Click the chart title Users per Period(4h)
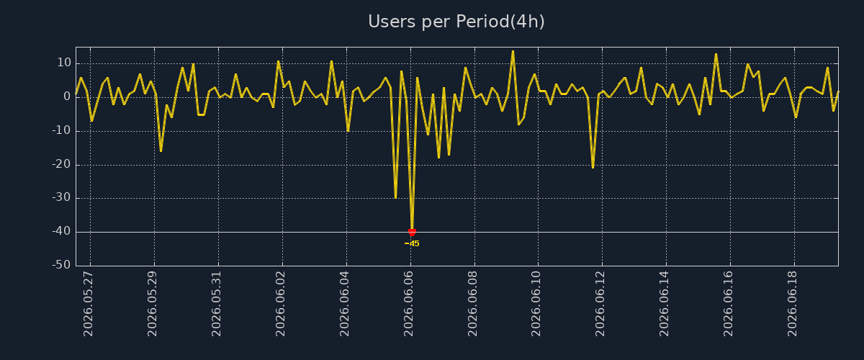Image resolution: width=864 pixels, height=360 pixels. pyautogui.click(x=456, y=22)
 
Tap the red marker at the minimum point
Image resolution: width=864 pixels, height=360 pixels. pyautogui.click(x=412, y=233)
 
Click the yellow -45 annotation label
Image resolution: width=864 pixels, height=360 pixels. pyautogui.click(x=412, y=244)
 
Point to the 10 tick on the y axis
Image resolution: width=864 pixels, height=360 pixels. pyautogui.click(x=64, y=63)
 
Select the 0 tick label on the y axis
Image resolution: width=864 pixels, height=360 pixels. pyautogui.click(x=68, y=96)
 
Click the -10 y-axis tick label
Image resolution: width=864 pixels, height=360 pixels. pyautogui.click(x=62, y=130)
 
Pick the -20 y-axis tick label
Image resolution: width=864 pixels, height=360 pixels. pyautogui.click(x=62, y=164)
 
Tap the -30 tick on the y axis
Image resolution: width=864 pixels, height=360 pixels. pyautogui.click(x=62, y=197)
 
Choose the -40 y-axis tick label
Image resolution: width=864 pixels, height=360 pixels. pyautogui.click(x=62, y=231)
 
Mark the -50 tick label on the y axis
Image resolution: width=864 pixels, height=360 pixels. pyautogui.click(x=62, y=265)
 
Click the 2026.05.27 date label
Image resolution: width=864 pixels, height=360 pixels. pyautogui.click(x=89, y=304)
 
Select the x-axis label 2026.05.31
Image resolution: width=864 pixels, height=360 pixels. pyautogui.click(x=217, y=304)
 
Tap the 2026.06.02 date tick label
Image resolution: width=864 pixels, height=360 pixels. pyautogui.click(x=280, y=304)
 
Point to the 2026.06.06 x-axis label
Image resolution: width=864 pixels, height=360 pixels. pyautogui.click(x=408, y=304)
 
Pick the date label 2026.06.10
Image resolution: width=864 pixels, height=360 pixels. pyautogui.click(x=536, y=304)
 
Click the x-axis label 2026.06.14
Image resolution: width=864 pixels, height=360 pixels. pyautogui.click(x=664, y=304)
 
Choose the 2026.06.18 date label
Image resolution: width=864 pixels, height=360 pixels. pyautogui.click(x=792, y=304)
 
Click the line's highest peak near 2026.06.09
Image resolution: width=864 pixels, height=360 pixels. pyautogui.click(x=513, y=51)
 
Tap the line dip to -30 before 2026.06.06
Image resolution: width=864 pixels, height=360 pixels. pyautogui.click(x=396, y=198)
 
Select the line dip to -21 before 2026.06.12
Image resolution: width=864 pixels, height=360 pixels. pyautogui.click(x=593, y=168)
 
